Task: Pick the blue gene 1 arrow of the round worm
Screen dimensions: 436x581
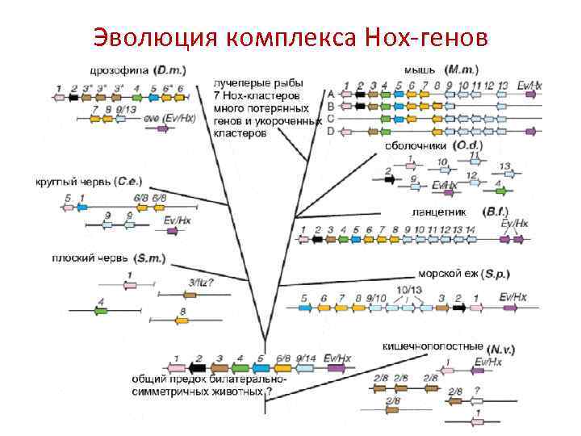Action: pyautogui.click(x=82, y=207)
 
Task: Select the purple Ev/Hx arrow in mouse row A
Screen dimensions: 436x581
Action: pyautogui.click(x=530, y=94)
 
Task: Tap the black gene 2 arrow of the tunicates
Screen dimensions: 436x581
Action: pyautogui.click(x=391, y=179)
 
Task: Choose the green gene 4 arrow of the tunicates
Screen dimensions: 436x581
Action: pyautogui.click(x=501, y=192)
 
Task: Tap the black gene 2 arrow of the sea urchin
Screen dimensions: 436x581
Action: pyautogui.click(x=458, y=307)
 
